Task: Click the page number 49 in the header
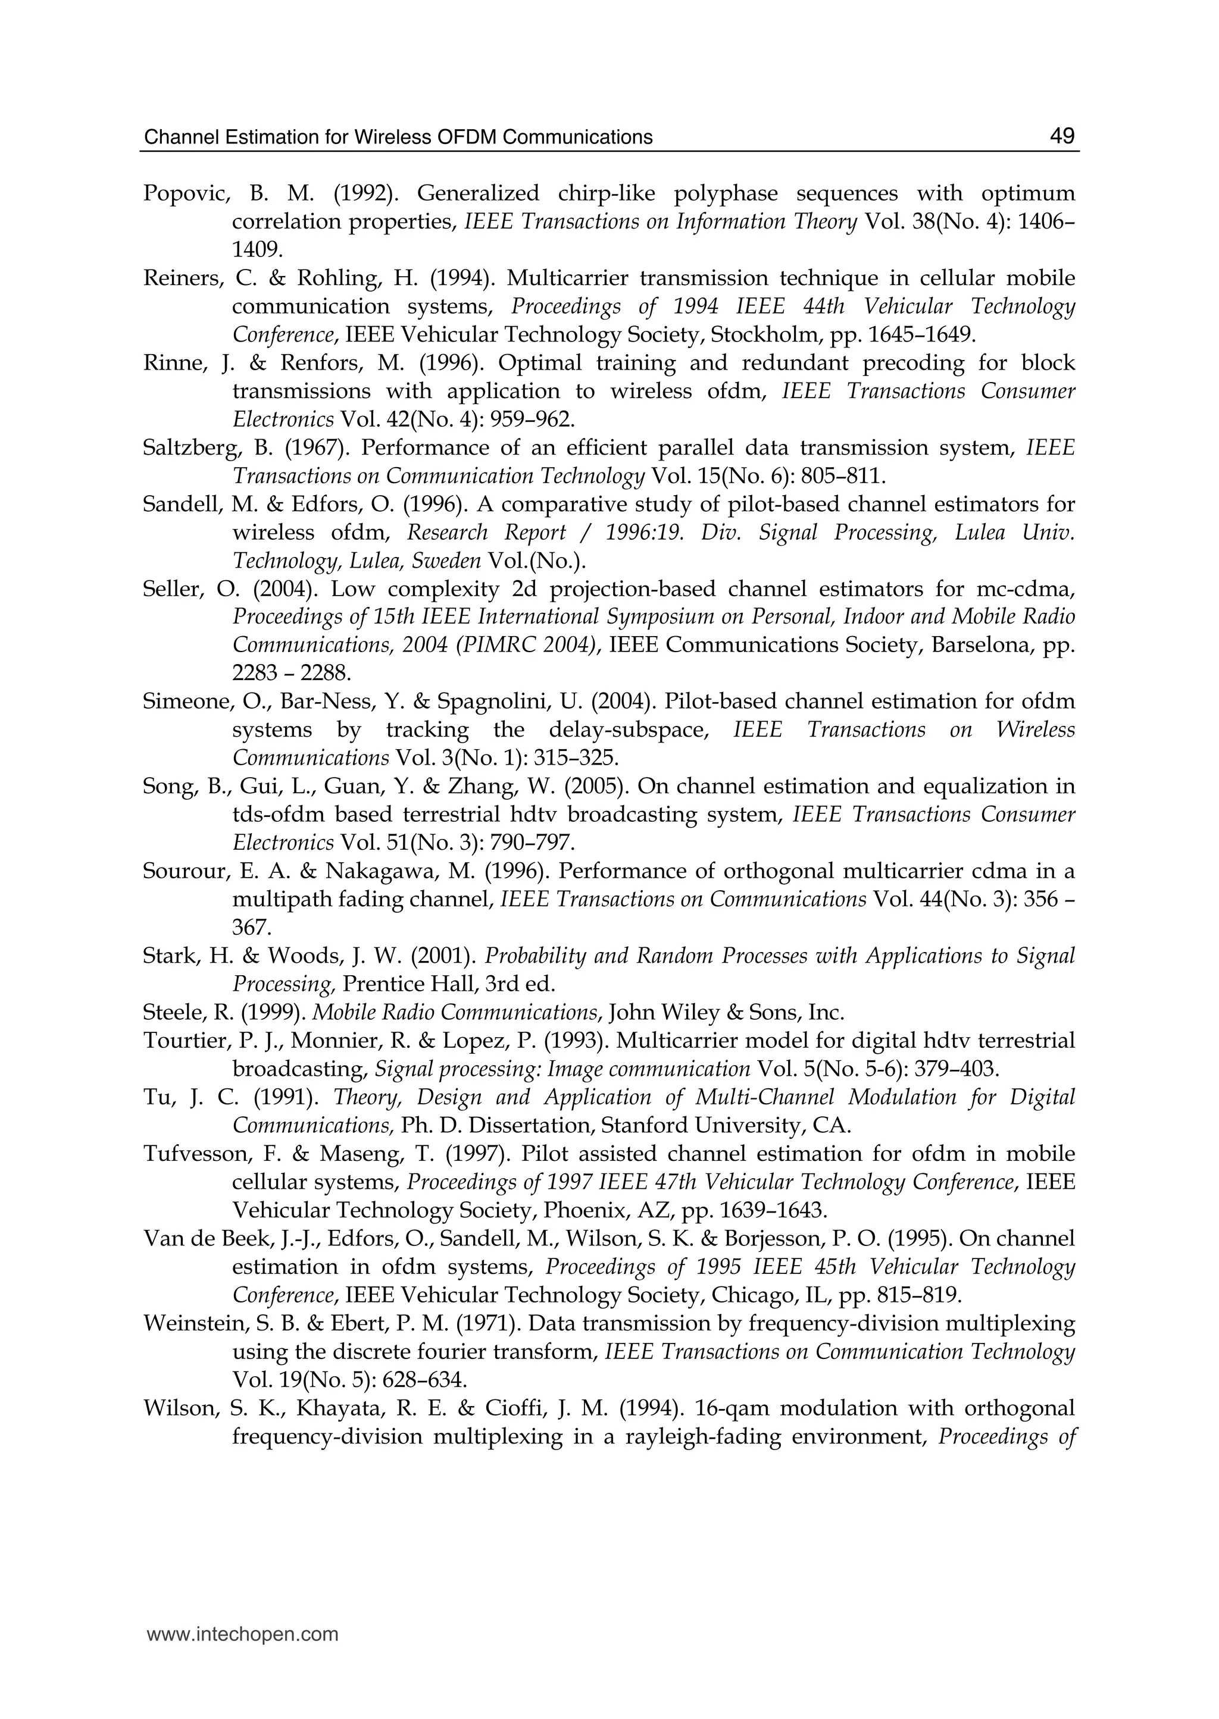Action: click(x=1061, y=136)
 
